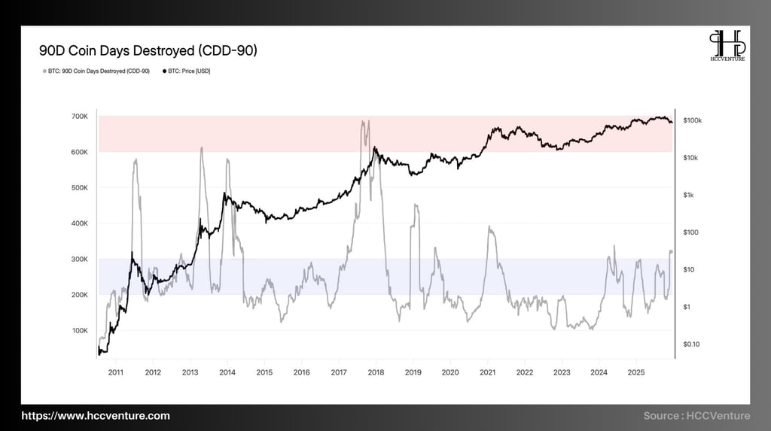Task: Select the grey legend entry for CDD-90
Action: (95, 71)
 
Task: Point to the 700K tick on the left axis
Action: (79, 117)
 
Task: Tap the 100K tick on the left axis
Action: (79, 330)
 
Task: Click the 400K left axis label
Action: (79, 223)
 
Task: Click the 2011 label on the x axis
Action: (116, 372)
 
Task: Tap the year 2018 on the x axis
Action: (376, 372)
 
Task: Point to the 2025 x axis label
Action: (636, 372)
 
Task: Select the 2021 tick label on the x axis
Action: (487, 372)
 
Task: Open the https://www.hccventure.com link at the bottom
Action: (95, 415)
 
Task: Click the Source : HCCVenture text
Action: (696, 415)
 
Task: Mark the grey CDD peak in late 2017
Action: (365, 122)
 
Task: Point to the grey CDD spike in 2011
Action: (135, 160)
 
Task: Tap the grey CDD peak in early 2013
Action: (202, 148)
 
